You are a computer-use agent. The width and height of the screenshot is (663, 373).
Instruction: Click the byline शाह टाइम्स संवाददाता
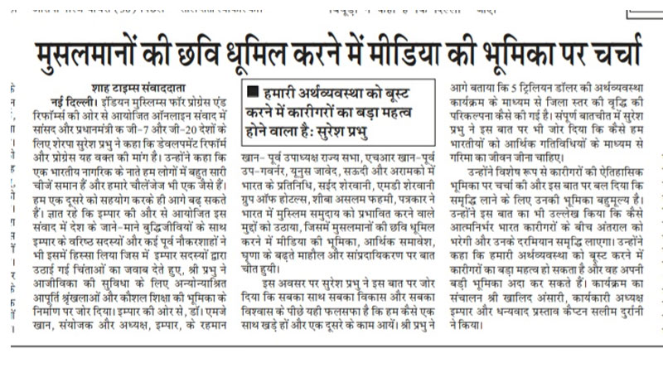click(x=91, y=86)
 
